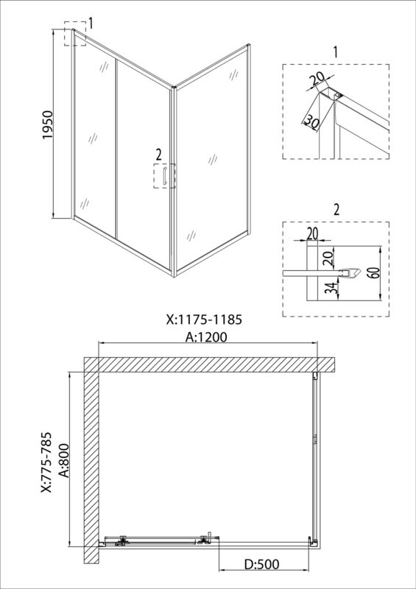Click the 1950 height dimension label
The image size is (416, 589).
(x=48, y=125)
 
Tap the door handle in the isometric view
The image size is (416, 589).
(x=164, y=177)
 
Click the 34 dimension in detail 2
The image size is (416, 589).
(x=328, y=289)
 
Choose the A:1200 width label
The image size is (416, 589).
(x=208, y=337)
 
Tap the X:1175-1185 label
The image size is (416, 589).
(x=203, y=320)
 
